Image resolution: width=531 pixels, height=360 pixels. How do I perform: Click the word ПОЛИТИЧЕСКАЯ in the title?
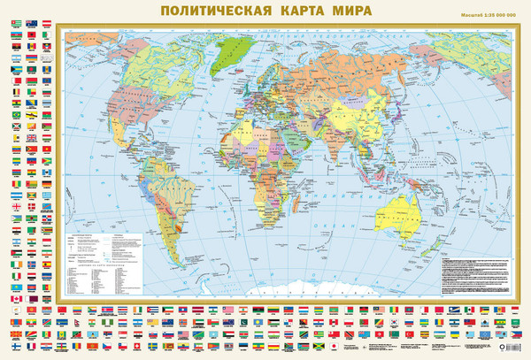point(212,12)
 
